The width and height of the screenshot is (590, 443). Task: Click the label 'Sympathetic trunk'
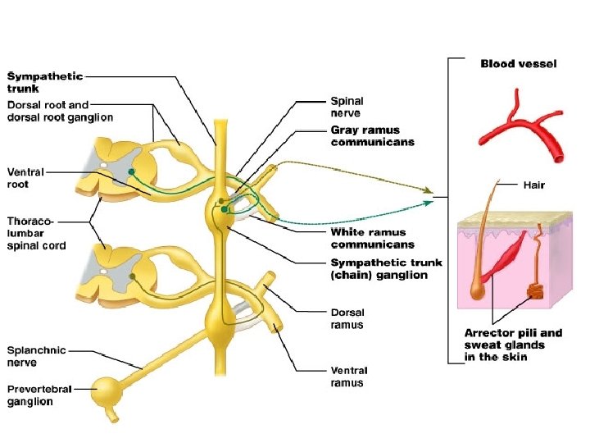coord(45,81)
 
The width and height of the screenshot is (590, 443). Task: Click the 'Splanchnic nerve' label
coord(38,355)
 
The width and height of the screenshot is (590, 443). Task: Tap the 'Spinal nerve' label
coord(346,107)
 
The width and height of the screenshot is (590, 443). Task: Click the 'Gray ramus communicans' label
coord(372,135)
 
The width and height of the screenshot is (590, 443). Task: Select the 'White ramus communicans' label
coord(372,238)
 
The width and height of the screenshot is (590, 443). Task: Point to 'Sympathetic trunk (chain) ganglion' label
coord(385,268)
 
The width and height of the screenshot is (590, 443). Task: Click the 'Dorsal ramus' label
coord(347,318)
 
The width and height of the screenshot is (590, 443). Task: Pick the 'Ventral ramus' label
coord(348,377)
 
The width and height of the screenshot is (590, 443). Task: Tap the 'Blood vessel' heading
coord(518,64)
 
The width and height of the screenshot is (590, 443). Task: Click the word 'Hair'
coord(533,185)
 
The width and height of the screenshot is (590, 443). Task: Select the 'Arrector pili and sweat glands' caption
coord(513,345)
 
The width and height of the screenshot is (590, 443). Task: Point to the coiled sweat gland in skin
coord(534,290)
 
